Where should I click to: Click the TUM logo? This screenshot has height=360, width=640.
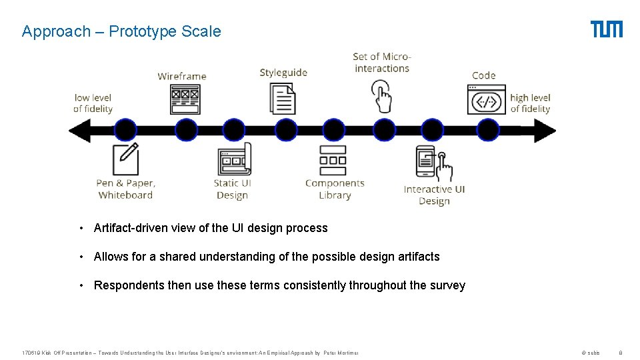pos(606,29)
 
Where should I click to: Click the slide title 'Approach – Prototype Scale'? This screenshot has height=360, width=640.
pos(121,31)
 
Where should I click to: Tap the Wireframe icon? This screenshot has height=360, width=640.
pos(185,99)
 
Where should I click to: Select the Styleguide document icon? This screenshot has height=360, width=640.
pos(283,99)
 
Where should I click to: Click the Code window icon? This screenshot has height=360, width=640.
pos(486,99)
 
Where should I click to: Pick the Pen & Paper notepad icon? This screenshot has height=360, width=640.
pos(126,159)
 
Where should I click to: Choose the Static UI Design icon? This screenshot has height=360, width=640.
pos(234,159)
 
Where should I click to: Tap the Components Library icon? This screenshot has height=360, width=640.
pos(333,160)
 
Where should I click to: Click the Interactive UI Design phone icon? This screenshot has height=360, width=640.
pos(433,164)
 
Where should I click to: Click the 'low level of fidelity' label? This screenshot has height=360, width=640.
pos(93,103)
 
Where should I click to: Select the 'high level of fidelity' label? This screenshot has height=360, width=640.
pos(530,103)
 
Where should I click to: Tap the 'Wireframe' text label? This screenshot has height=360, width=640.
pos(182,76)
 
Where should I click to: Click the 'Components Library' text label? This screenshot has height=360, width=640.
pos(335,189)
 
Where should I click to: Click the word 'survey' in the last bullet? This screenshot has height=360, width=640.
pos(447,285)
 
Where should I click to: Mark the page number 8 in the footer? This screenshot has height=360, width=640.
pos(620,353)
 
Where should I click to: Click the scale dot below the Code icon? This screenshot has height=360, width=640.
pos(487,130)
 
